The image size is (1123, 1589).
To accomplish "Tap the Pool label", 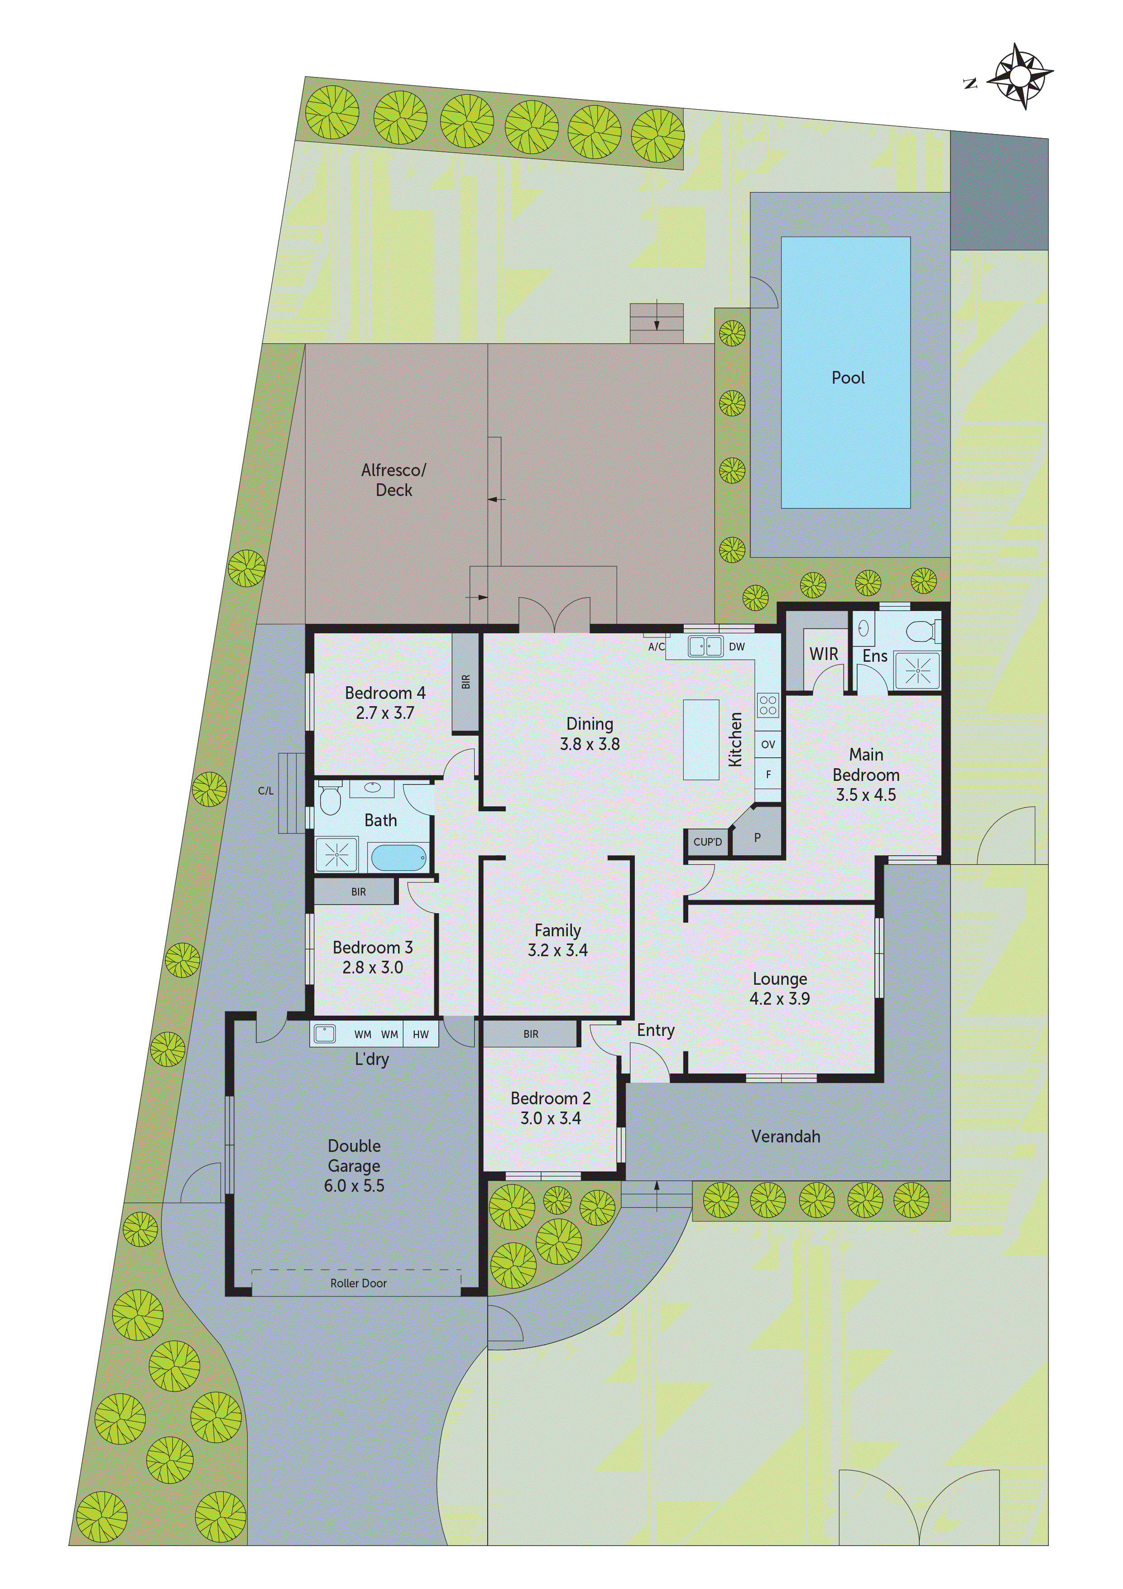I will (848, 378).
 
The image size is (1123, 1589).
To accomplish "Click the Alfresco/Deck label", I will (394, 480).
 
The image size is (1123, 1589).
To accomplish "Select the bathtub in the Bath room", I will (398, 858).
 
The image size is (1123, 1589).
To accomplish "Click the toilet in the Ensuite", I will (922, 631).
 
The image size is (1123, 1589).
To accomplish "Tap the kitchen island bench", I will (701, 740).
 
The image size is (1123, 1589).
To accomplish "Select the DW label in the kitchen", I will (737, 646).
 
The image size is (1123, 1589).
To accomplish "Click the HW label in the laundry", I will (421, 1035).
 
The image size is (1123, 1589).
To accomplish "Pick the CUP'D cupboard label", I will (707, 842).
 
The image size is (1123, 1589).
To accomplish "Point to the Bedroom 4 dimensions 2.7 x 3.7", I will (385, 713).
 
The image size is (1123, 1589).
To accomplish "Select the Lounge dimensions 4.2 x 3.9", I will (779, 998).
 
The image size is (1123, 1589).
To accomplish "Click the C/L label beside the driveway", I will (266, 791).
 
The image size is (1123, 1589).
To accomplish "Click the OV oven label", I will (768, 745).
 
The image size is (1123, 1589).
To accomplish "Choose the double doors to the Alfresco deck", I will (554, 615).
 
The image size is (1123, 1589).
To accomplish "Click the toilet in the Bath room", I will (330, 800).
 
